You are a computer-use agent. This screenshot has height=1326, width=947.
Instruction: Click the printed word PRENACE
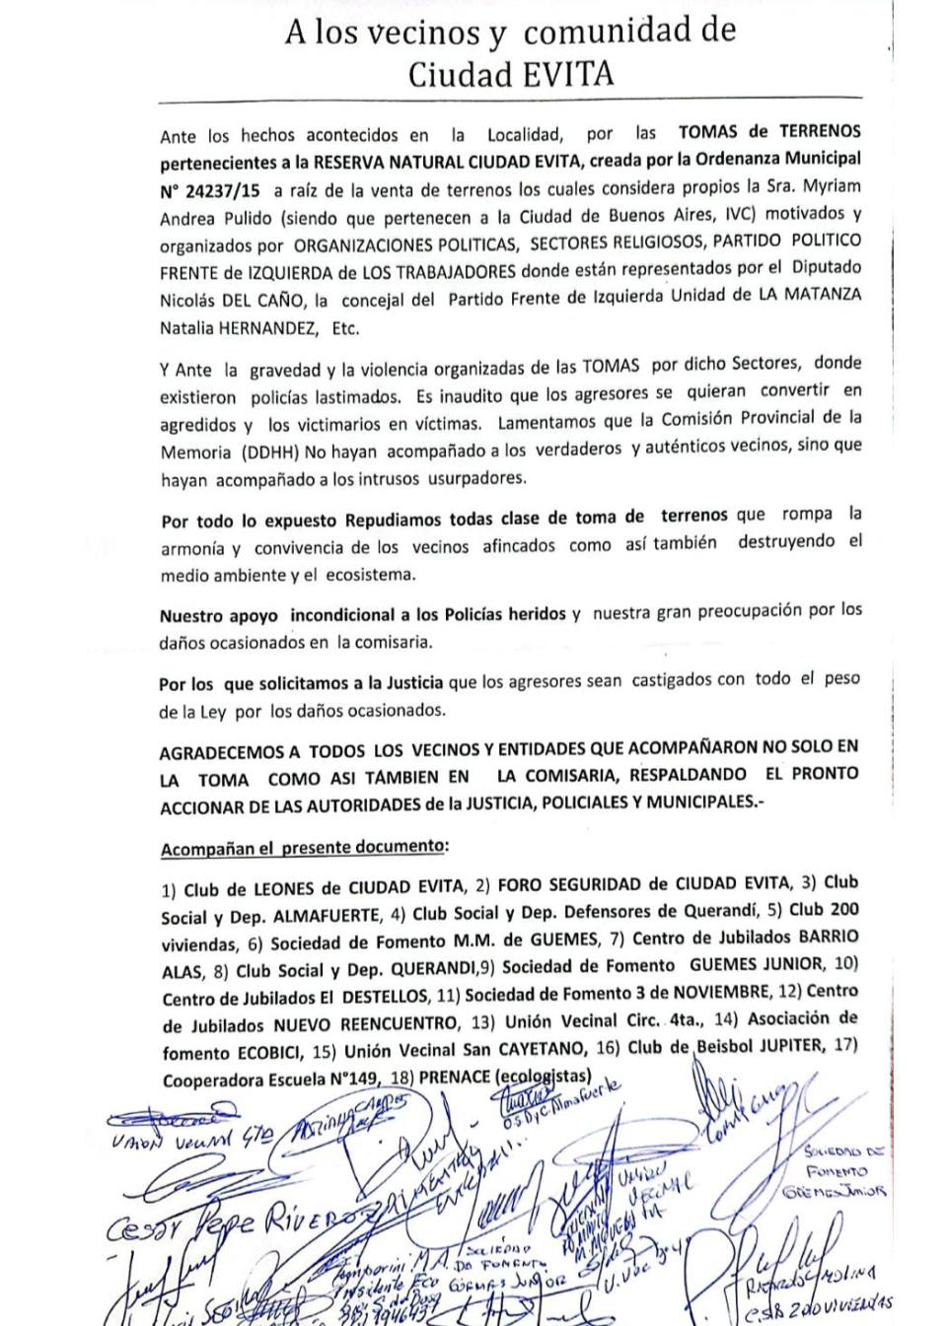coord(454,1078)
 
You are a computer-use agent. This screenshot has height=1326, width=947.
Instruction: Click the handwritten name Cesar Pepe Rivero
coord(227,1222)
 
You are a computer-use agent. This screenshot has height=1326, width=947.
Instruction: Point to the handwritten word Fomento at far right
coord(837,1172)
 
